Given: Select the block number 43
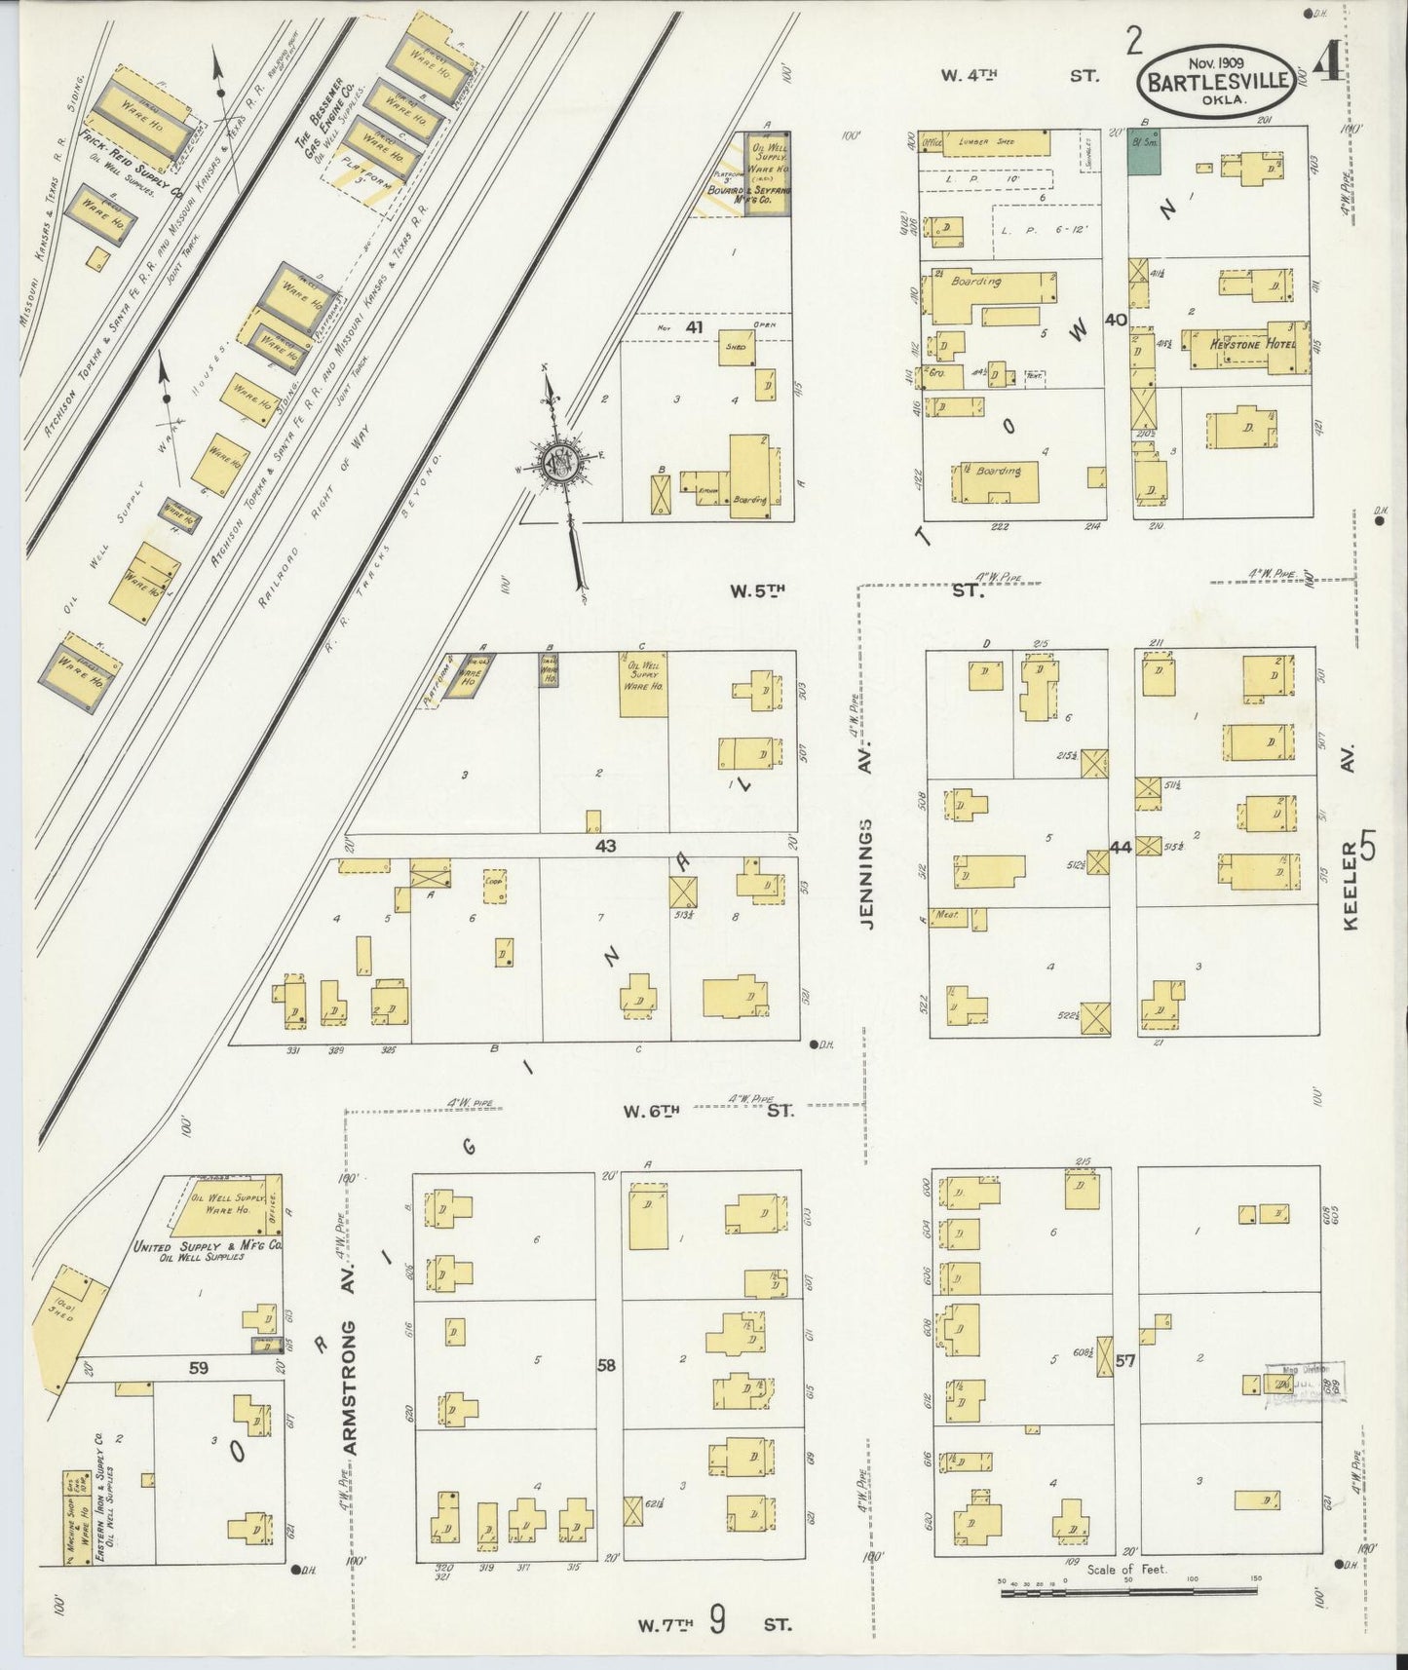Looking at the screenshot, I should (606, 847).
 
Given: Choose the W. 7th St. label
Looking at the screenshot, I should (714, 1624).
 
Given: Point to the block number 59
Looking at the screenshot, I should (198, 1368).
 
